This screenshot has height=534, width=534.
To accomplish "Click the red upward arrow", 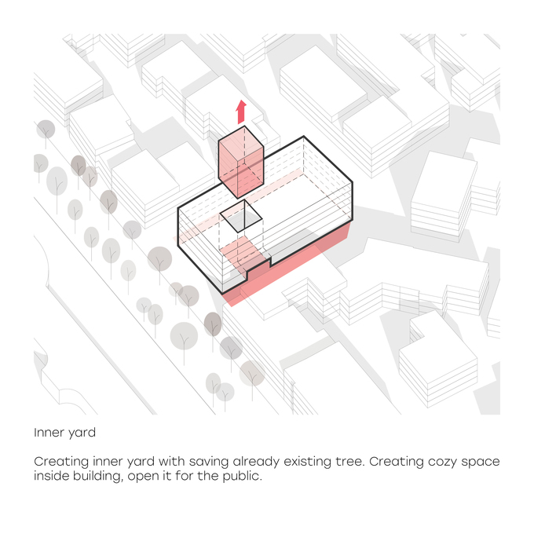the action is tap(241, 112).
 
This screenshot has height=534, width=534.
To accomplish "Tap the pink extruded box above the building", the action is tap(241, 162).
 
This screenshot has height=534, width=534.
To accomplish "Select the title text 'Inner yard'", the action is tap(64, 433).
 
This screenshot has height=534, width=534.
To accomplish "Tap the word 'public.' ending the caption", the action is tap(242, 476).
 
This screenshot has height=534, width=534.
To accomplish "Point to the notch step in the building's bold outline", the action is tap(271, 262).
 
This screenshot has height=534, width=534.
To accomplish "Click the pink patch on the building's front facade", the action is tap(243, 252).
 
